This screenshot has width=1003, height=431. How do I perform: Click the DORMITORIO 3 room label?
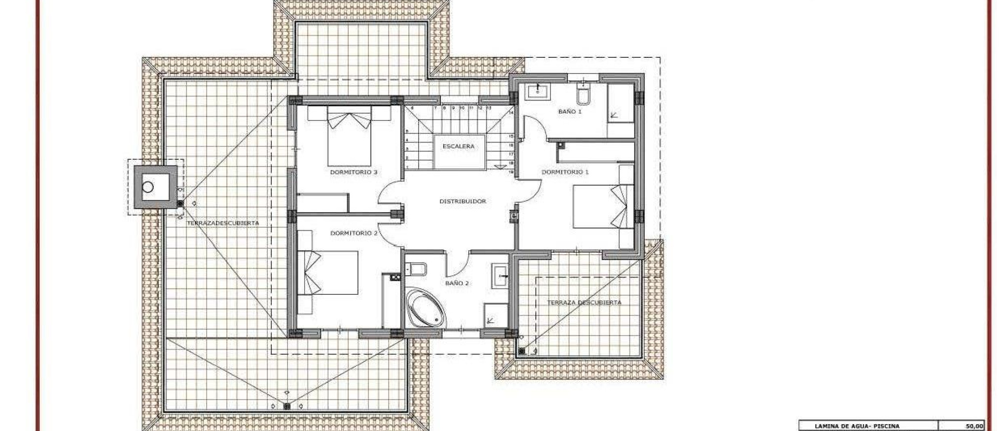(354, 172)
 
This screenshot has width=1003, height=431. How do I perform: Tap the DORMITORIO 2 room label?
(354, 233)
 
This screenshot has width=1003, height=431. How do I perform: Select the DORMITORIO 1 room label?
(565, 172)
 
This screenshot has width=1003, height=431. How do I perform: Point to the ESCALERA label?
(458, 146)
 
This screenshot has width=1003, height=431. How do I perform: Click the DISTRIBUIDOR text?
(462, 201)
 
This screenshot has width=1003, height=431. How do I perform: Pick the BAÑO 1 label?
(570, 112)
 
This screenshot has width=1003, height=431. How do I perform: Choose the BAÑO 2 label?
(457, 283)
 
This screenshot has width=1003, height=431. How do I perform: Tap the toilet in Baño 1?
(584, 95)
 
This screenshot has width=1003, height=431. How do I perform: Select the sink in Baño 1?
(537, 91)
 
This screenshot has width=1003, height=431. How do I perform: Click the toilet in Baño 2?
(417, 269)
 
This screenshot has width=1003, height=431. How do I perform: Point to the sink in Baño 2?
(500, 275)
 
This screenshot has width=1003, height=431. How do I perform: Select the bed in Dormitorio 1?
(603, 206)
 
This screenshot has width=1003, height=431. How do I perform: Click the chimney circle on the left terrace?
(148, 187)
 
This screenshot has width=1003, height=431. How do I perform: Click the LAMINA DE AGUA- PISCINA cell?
(857, 426)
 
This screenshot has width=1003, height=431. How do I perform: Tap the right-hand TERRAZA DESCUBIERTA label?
(584, 303)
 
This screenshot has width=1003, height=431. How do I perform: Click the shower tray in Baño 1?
(621, 111)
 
